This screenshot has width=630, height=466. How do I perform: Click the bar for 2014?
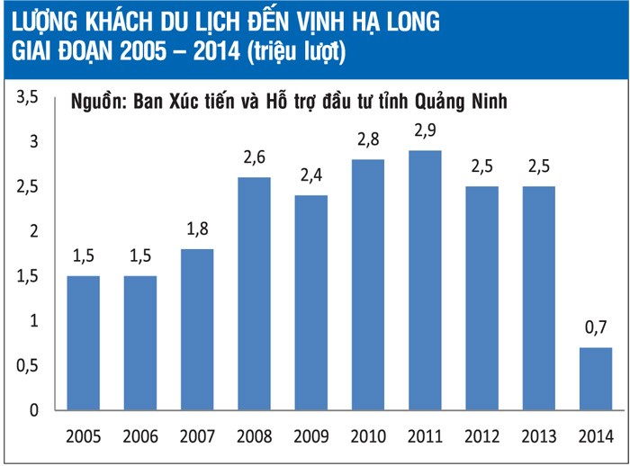pyautogui.click(x=595, y=379)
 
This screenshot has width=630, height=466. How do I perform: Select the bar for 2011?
pyautogui.click(x=425, y=280)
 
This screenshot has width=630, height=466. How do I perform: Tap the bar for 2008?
pyautogui.click(x=254, y=293)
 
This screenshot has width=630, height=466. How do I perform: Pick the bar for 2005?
pyautogui.click(x=84, y=343)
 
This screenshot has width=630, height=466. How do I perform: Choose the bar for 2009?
pyautogui.click(x=311, y=302)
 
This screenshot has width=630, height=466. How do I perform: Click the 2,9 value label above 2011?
pyautogui.click(x=425, y=132)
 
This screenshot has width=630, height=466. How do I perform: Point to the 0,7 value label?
pyautogui.click(x=595, y=330)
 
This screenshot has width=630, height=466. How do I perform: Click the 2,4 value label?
pyautogui.click(x=311, y=177)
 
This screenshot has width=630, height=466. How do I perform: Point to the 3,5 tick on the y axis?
pyautogui.click(x=30, y=97)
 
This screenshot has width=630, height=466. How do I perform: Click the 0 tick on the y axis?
pyautogui.click(x=34, y=410)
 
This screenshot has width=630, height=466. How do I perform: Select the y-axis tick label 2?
pyautogui.click(x=34, y=231)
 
